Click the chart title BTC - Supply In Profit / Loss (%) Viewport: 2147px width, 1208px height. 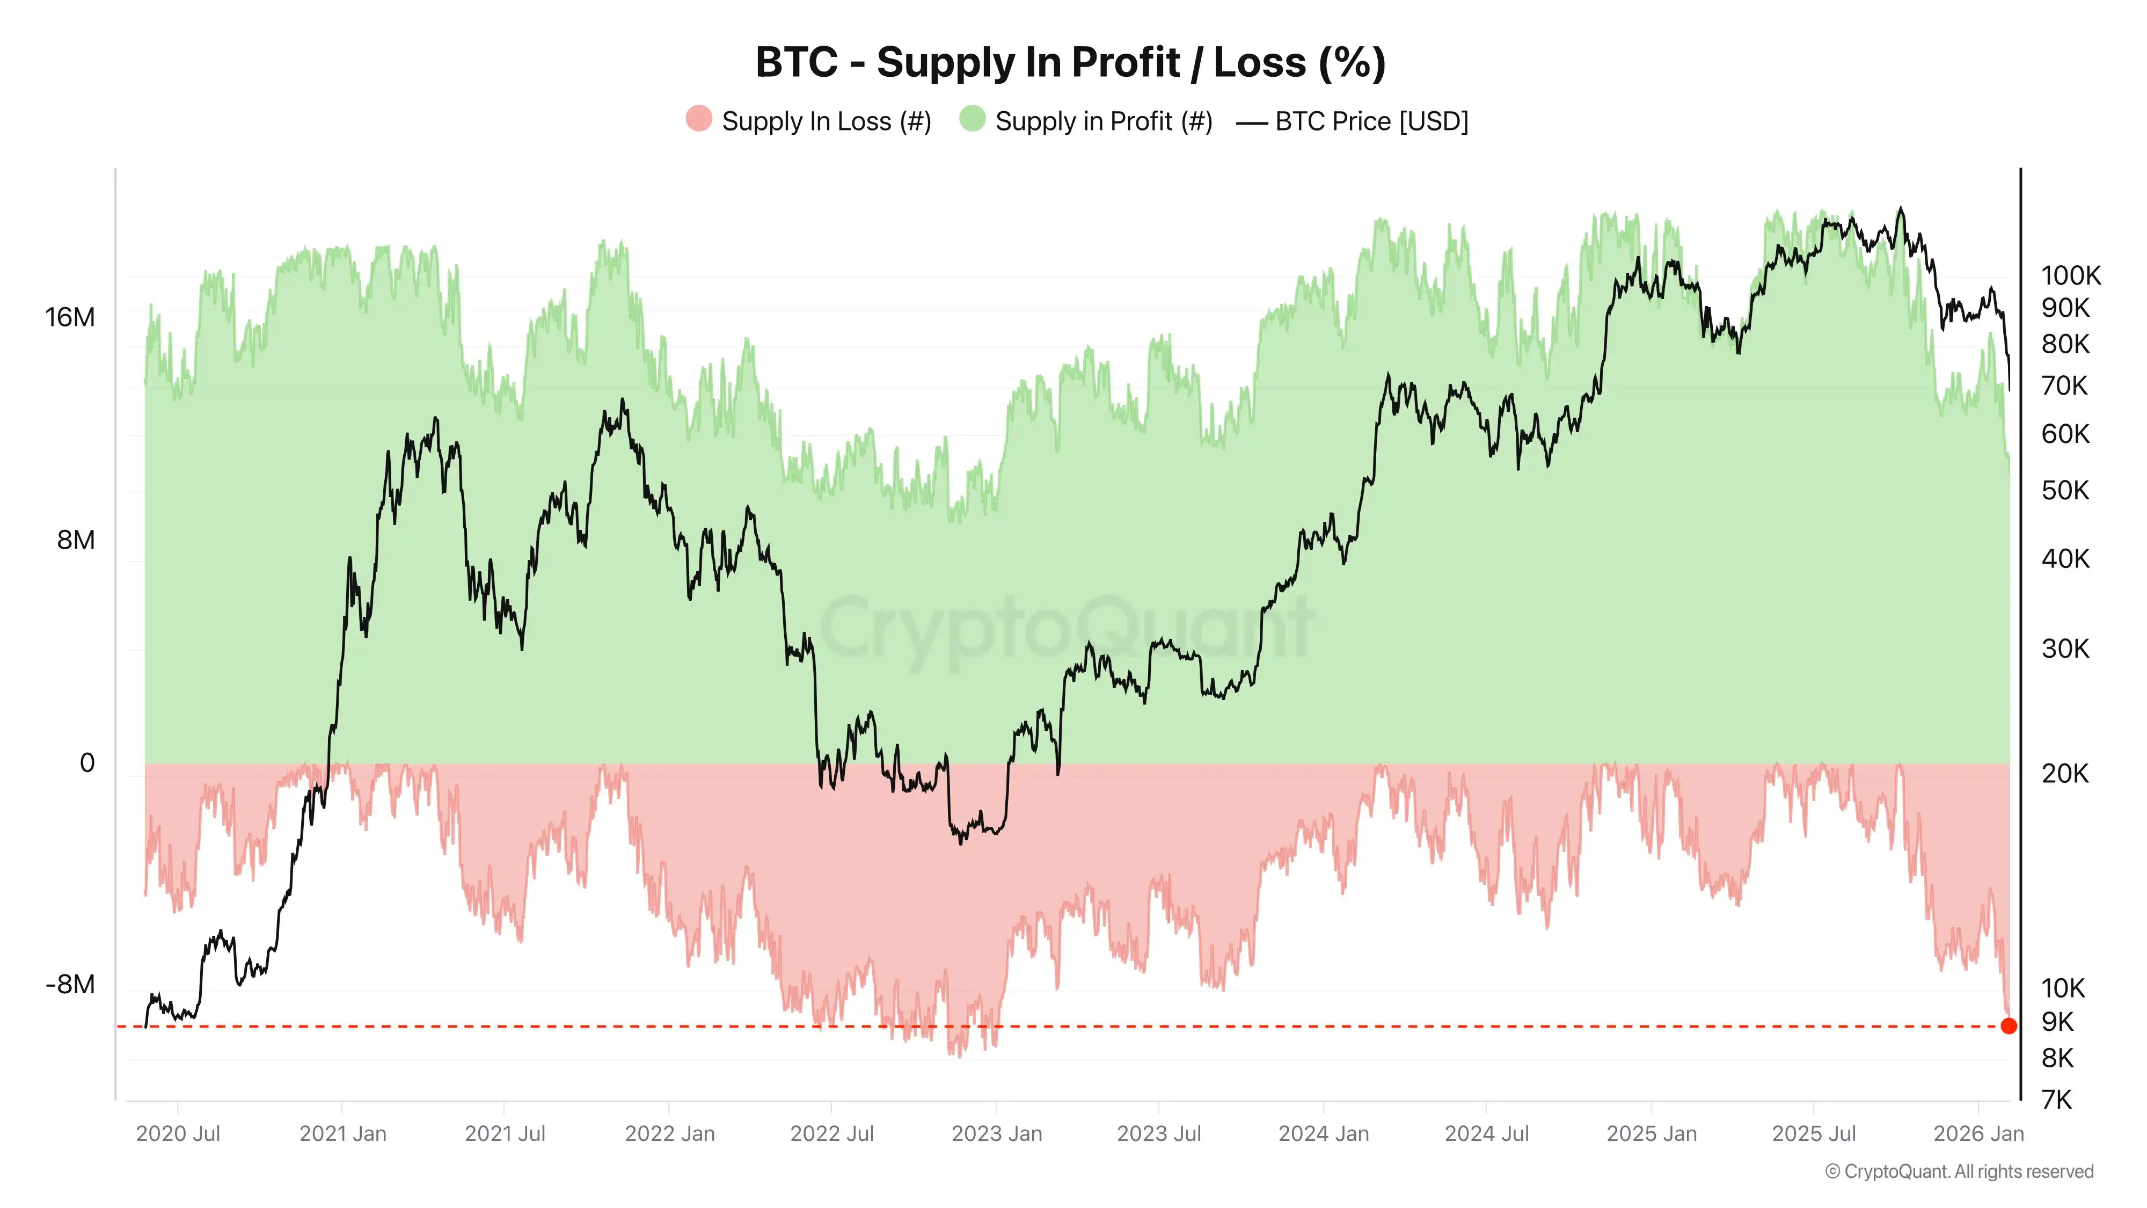click(1070, 62)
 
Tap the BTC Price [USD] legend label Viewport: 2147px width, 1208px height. click(1371, 122)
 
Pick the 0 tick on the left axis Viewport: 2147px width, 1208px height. click(86, 763)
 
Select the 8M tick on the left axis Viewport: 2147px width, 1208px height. click(76, 540)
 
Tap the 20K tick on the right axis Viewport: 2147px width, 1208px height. click(2064, 774)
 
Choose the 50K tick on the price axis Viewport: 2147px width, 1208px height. click(2064, 490)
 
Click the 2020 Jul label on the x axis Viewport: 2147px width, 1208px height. click(178, 1134)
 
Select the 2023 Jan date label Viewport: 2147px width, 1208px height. click(996, 1134)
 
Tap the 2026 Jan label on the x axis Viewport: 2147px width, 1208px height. click(1978, 1134)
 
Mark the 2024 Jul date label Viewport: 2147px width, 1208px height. click(1486, 1134)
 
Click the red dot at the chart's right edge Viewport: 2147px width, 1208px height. click(2009, 1026)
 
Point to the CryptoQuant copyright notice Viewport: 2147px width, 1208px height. click(1959, 1171)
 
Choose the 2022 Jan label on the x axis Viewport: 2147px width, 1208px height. click(669, 1134)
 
